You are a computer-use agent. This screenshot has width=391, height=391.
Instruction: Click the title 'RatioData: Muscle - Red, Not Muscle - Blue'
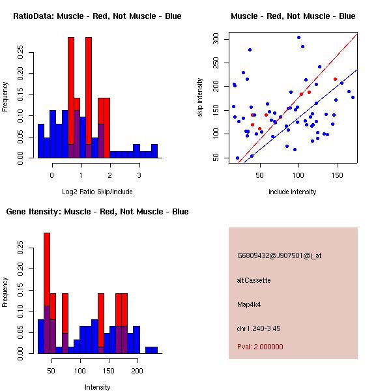97,16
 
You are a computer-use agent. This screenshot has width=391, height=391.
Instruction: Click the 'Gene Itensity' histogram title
97,212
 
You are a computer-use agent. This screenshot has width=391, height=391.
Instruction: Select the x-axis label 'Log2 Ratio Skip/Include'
97,192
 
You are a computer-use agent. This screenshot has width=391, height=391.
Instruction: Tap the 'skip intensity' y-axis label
201,98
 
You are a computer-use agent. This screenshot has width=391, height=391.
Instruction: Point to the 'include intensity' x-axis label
293,192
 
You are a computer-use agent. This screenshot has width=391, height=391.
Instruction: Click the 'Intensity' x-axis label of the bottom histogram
97,388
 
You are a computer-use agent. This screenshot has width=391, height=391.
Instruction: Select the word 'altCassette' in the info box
254,280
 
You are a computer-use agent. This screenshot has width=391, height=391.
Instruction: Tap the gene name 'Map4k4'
250,304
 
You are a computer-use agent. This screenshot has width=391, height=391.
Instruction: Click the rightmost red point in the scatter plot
335,80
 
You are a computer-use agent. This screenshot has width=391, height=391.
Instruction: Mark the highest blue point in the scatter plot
298,37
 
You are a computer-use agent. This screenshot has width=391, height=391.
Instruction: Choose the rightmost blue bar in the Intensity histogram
151,350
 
